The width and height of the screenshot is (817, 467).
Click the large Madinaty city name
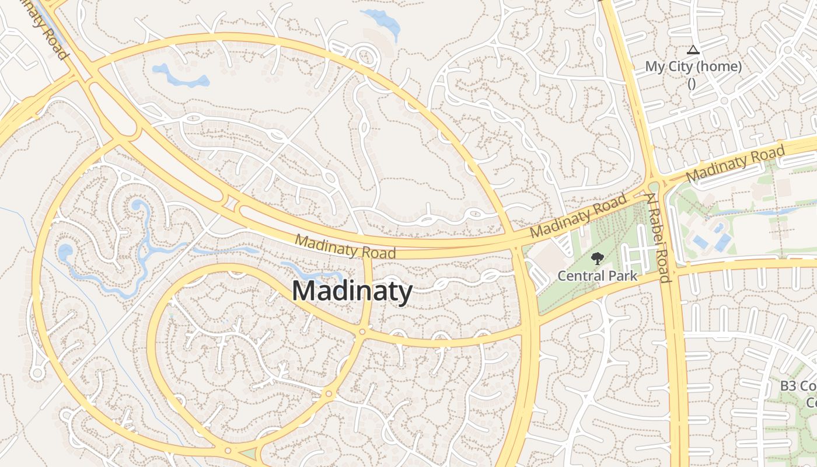tap(352, 291)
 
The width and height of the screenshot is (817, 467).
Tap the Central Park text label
tap(597, 275)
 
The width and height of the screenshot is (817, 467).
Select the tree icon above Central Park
tap(597, 259)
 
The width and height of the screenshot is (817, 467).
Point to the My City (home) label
tap(693, 67)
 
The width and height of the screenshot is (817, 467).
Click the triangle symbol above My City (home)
tap(693, 50)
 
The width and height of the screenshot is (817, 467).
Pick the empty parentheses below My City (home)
tap(692, 83)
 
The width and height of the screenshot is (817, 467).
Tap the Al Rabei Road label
tap(658, 238)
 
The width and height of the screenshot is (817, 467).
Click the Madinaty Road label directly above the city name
tap(345, 246)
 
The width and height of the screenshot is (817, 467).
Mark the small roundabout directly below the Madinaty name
tap(362, 332)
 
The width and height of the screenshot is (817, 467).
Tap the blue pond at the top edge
tap(382, 22)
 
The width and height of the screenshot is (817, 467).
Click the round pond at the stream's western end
tap(65, 252)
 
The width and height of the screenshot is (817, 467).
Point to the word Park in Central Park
tap(622, 275)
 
